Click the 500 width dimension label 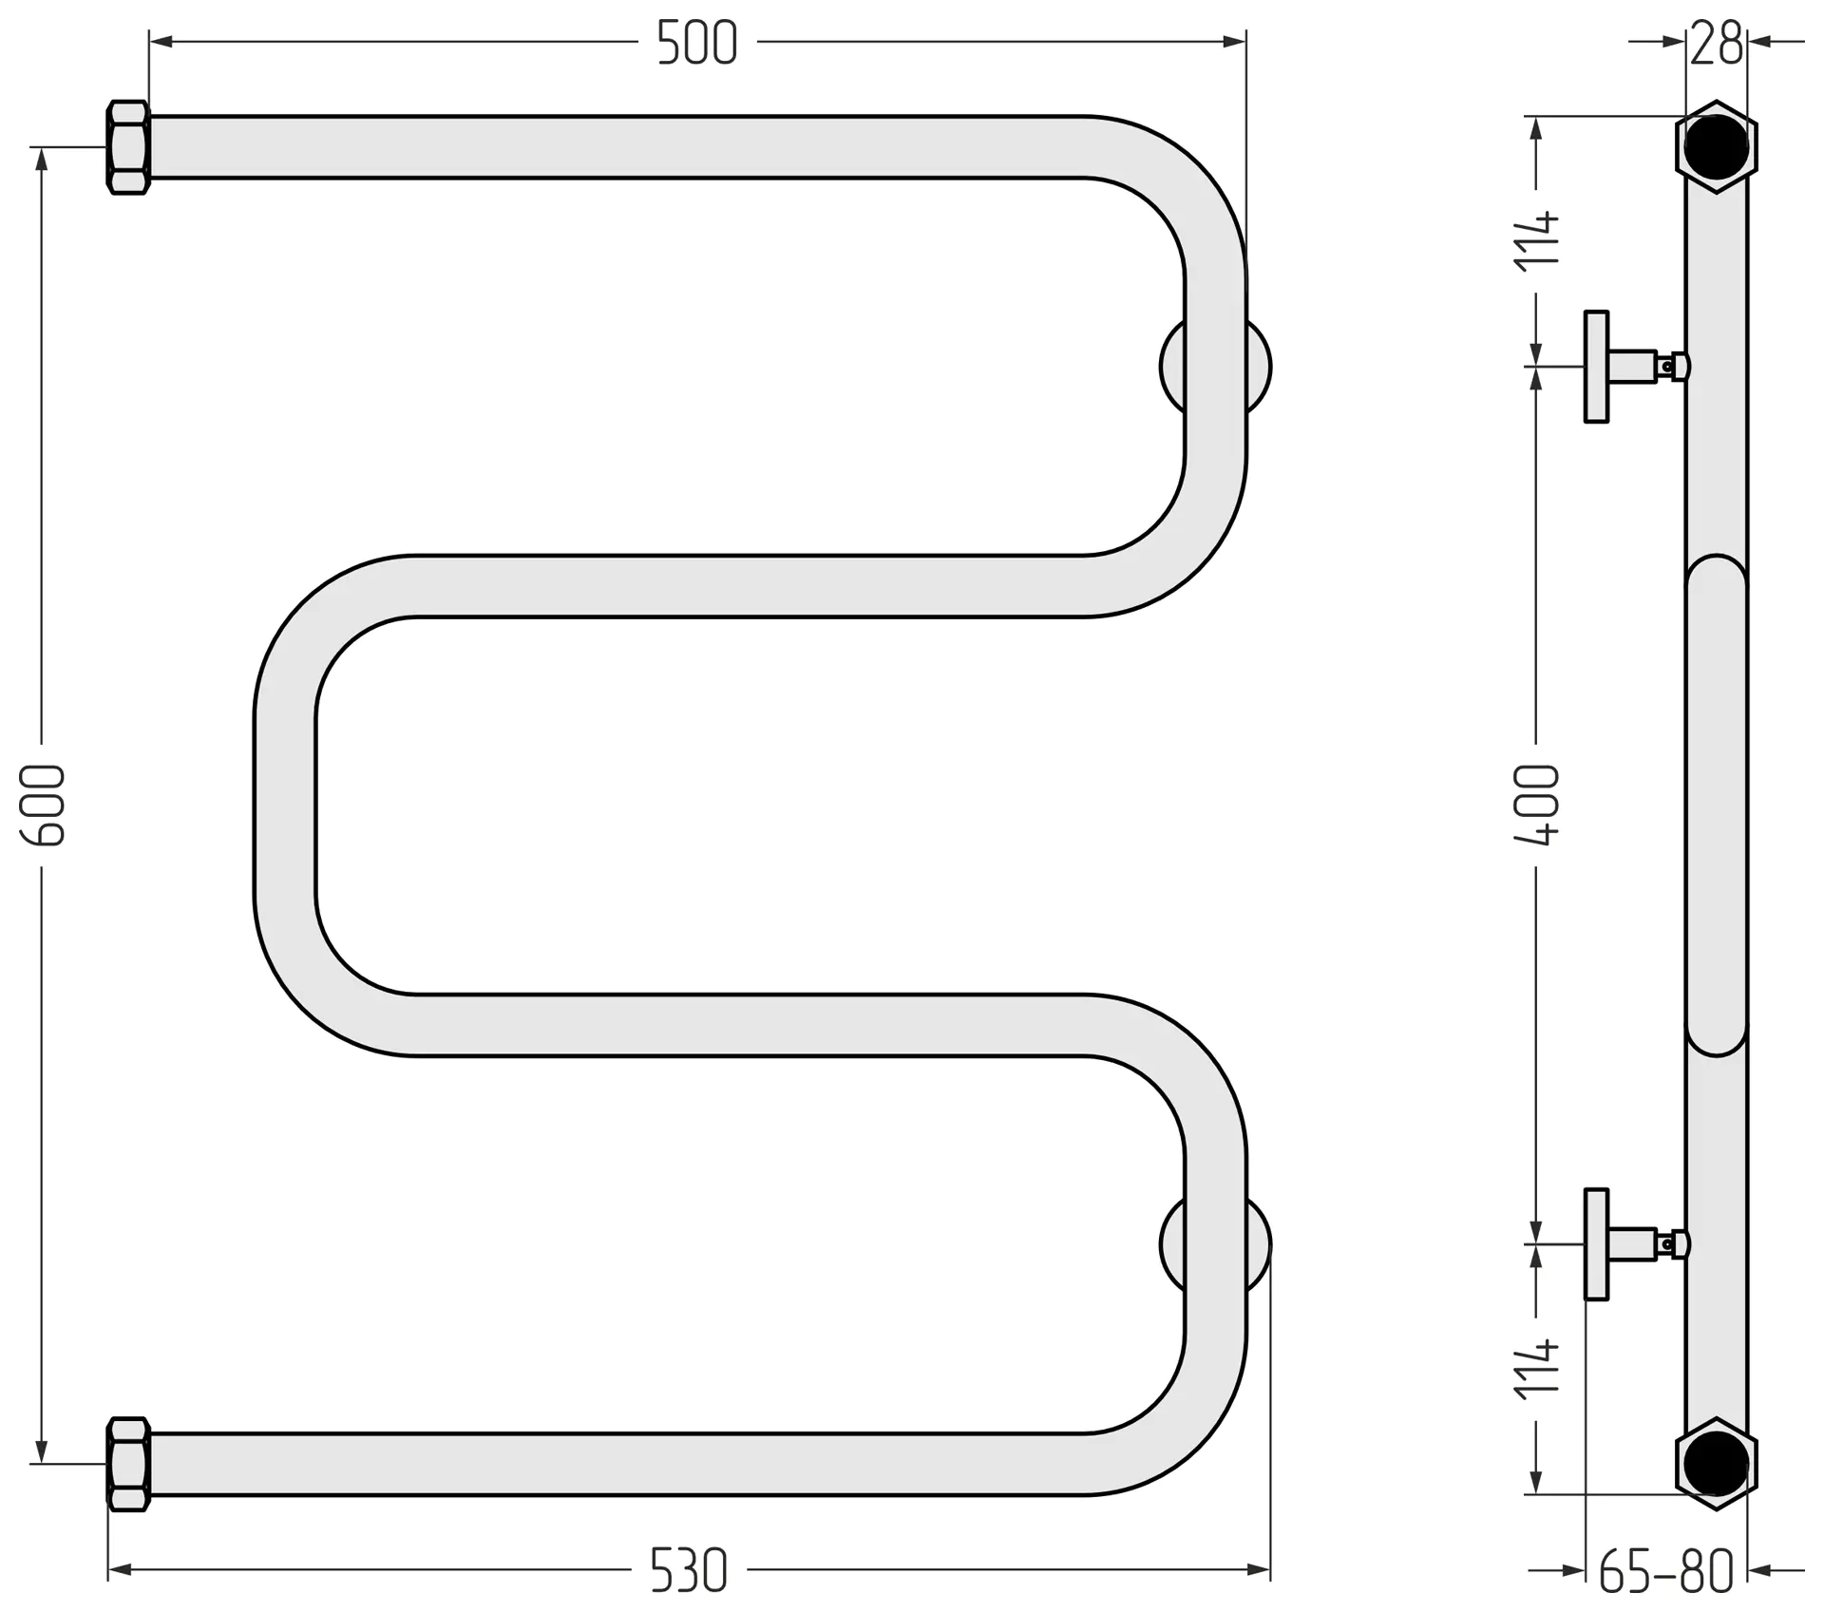696,43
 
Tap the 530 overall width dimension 689,1570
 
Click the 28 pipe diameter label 1717,44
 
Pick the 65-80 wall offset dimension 1666,1572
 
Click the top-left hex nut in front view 128,147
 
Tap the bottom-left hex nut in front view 128,1464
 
